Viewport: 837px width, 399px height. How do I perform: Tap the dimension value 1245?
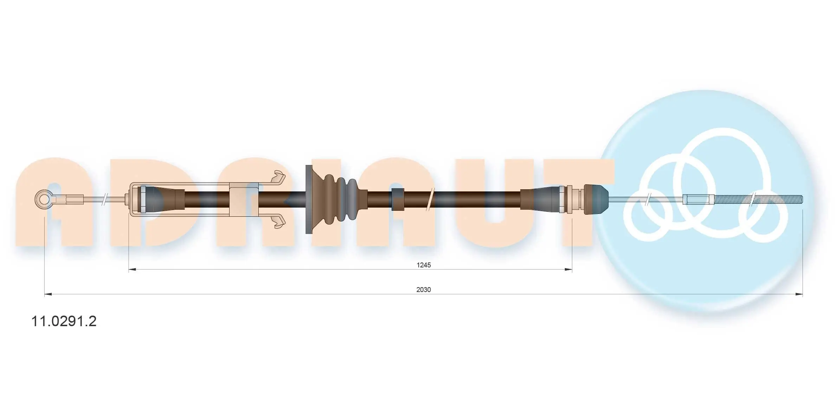pyautogui.click(x=424, y=265)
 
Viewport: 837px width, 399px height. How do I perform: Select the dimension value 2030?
pyautogui.click(x=424, y=290)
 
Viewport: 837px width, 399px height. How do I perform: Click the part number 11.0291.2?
pyautogui.click(x=64, y=321)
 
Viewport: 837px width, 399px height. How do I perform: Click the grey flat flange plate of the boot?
pyautogui.click(x=309, y=199)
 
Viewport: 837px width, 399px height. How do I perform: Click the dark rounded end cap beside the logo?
pyautogui.click(x=596, y=199)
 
